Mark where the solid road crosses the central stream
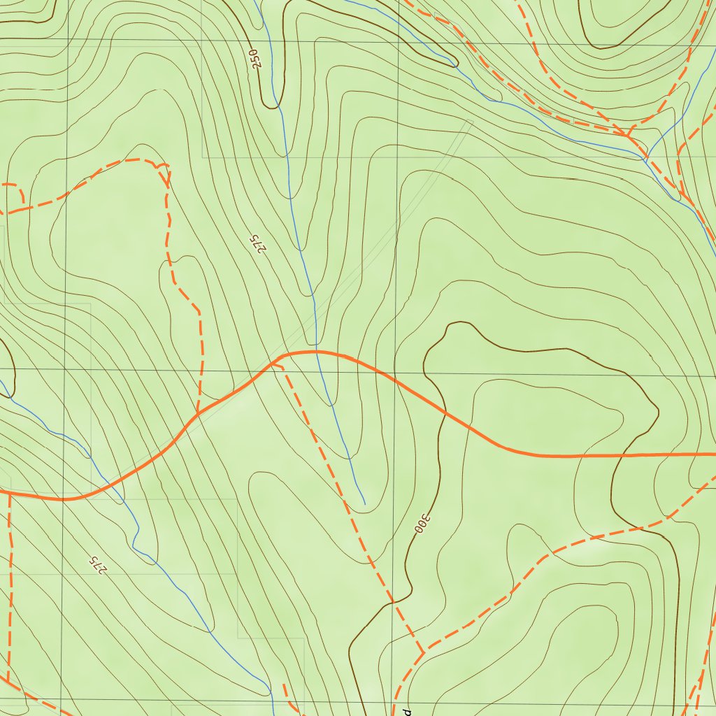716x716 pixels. tap(317, 352)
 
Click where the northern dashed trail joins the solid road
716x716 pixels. tap(198, 414)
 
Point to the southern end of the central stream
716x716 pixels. tap(365, 503)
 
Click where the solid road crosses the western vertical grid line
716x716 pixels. tap(63, 500)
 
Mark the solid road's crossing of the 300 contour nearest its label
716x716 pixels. tap(445, 415)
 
